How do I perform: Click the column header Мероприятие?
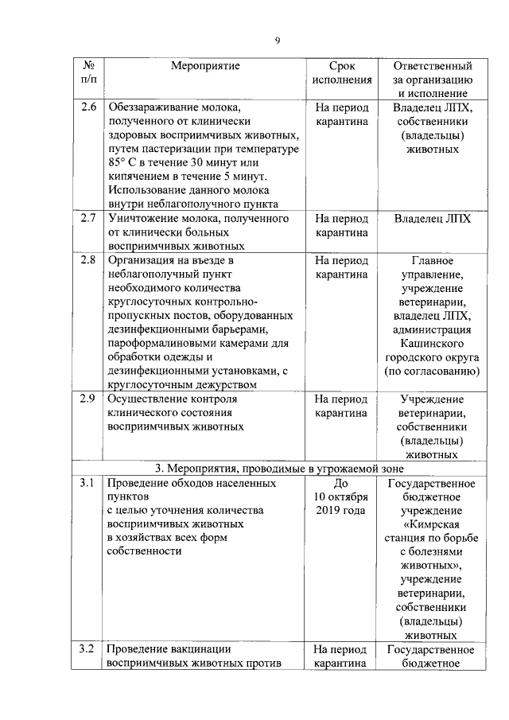point(205,65)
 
